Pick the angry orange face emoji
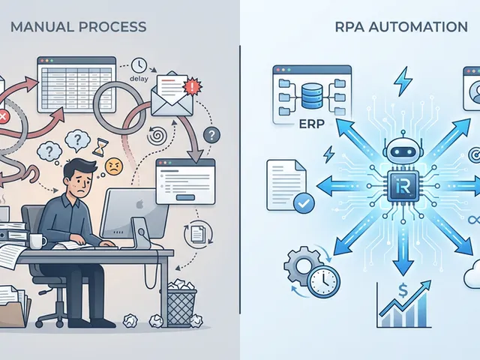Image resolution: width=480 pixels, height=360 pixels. click(x=113, y=142)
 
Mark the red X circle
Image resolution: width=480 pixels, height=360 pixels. click(x=3, y=117)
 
